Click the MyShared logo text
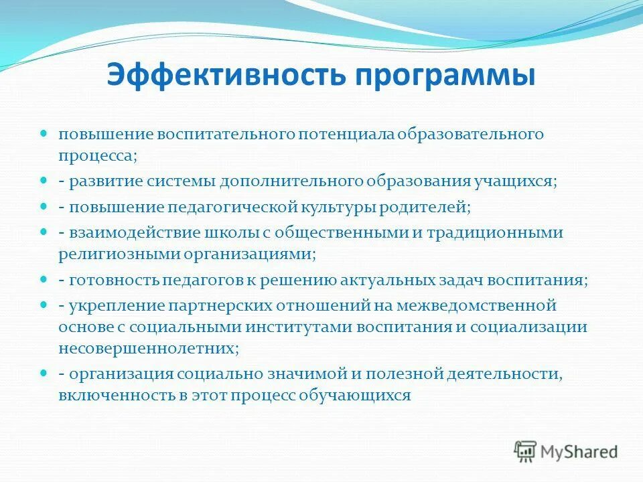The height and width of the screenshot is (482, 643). tap(580, 451)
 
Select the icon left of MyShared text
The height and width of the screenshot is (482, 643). tap(526, 451)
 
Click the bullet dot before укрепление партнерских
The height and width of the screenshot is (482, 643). tap(44, 305)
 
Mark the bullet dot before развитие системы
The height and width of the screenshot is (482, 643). tap(44, 181)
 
